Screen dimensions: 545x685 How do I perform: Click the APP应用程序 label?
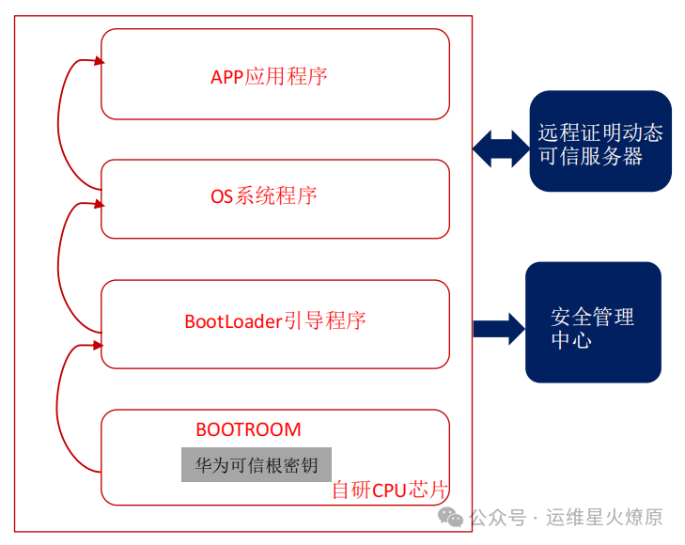tap(269, 76)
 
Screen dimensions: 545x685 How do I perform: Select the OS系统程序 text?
tap(264, 195)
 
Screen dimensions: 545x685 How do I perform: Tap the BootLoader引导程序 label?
tap(275, 320)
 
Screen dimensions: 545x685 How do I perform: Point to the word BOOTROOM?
tap(248, 429)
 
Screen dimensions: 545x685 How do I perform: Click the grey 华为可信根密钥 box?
tap(257, 464)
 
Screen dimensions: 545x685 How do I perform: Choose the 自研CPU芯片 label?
tap(389, 490)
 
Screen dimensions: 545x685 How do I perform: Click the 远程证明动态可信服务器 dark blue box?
tap(599, 142)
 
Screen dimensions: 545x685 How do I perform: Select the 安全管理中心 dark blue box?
tap(593, 322)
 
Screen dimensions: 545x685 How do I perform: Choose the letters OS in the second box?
tap(221, 196)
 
